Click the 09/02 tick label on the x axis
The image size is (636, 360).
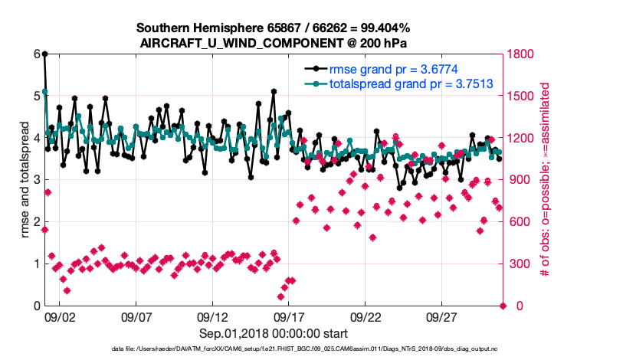click(60, 317)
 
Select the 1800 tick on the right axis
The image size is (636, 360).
click(523, 54)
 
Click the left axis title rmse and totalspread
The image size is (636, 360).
click(25, 180)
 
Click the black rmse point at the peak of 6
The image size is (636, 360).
click(44, 54)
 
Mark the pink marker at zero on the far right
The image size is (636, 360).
click(503, 306)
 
